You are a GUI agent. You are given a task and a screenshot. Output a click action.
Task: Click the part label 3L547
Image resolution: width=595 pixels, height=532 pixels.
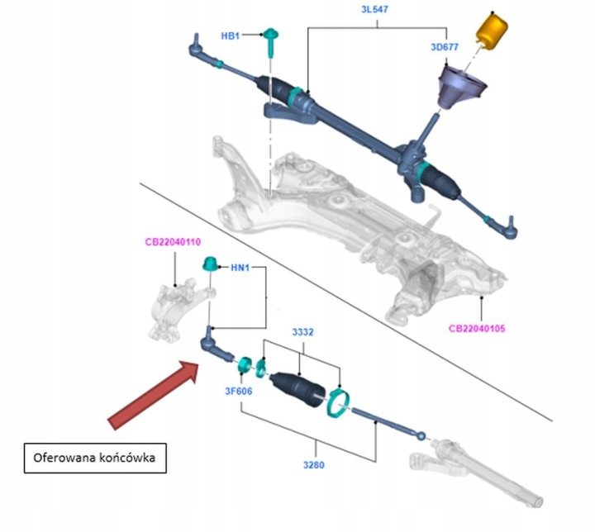point(374,9)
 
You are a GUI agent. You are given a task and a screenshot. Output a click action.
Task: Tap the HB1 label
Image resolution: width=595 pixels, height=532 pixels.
point(231,36)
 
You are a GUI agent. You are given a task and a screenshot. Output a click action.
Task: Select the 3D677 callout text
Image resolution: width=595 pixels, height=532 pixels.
point(445,47)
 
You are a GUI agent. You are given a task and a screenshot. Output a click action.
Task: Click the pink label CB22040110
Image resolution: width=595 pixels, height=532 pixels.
point(173,242)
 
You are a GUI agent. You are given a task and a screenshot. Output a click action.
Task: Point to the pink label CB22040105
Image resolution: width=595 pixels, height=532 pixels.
point(477,328)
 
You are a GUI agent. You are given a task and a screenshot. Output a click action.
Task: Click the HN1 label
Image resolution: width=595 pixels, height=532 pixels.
point(240,268)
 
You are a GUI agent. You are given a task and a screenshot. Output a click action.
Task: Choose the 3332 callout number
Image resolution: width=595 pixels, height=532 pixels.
point(302,332)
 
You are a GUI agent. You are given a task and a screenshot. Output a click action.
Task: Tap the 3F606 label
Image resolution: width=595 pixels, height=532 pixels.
point(239,391)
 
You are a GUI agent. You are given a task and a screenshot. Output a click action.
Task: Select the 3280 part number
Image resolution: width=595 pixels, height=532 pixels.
point(314,464)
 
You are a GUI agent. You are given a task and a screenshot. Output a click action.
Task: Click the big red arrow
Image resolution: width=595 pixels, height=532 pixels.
point(153,396)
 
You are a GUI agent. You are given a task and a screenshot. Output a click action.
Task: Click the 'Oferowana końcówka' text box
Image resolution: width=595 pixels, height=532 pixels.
point(95,458)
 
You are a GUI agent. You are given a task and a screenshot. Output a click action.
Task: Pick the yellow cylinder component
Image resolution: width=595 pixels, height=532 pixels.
point(492,31)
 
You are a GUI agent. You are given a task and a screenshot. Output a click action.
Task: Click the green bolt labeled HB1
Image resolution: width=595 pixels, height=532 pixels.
point(271,42)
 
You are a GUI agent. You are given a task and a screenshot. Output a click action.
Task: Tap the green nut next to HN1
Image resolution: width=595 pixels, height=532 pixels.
point(210,264)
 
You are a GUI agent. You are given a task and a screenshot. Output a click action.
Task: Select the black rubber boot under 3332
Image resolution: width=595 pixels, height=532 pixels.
point(298,390)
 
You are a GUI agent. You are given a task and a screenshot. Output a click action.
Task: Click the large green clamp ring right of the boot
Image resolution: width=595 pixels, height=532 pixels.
point(338,404)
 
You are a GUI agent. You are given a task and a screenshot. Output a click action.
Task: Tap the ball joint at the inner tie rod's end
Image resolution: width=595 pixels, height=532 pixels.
point(421,436)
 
